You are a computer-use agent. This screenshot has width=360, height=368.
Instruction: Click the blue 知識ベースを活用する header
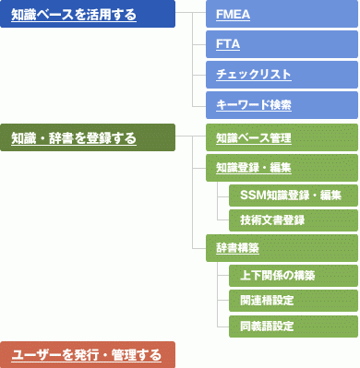(x=87, y=16)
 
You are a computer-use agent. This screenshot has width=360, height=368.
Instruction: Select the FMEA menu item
(x=282, y=16)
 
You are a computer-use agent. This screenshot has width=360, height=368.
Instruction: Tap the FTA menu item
(x=282, y=44)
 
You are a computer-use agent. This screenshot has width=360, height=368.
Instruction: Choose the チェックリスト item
(x=282, y=75)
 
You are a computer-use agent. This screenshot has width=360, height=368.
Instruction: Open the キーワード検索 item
(x=282, y=104)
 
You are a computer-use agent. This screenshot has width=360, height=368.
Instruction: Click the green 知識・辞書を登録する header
(x=87, y=138)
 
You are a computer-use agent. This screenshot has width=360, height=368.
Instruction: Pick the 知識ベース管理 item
(x=282, y=138)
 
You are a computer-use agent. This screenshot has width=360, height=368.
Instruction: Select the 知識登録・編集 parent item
(x=282, y=167)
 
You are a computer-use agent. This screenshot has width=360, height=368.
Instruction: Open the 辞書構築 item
(x=282, y=248)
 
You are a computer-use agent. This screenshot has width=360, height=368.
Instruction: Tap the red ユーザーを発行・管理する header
(x=87, y=354)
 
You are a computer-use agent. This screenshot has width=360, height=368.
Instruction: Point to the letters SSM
(x=252, y=194)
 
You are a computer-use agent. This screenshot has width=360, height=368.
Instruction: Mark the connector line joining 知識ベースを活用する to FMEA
(x=190, y=16)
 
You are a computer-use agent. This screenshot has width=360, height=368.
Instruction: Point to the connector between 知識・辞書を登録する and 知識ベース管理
(x=190, y=138)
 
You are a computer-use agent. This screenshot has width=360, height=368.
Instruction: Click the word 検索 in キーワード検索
(x=280, y=104)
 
